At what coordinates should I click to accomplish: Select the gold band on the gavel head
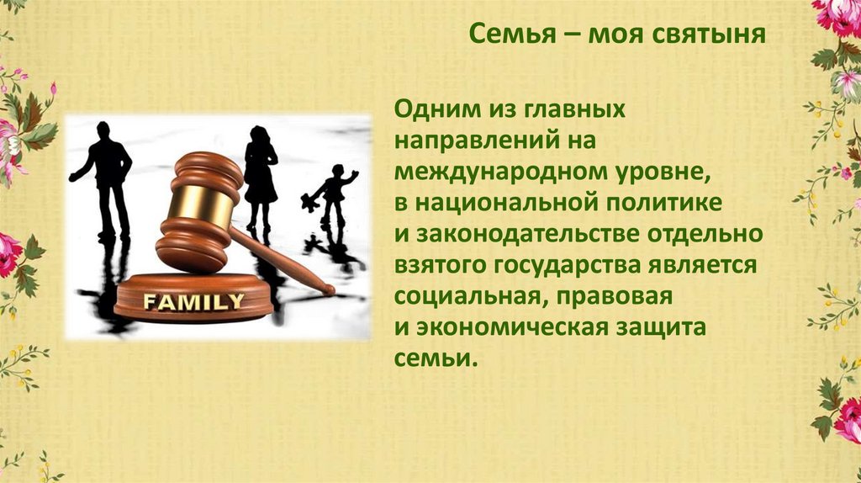(191, 201)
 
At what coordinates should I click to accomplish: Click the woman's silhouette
(260, 172)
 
